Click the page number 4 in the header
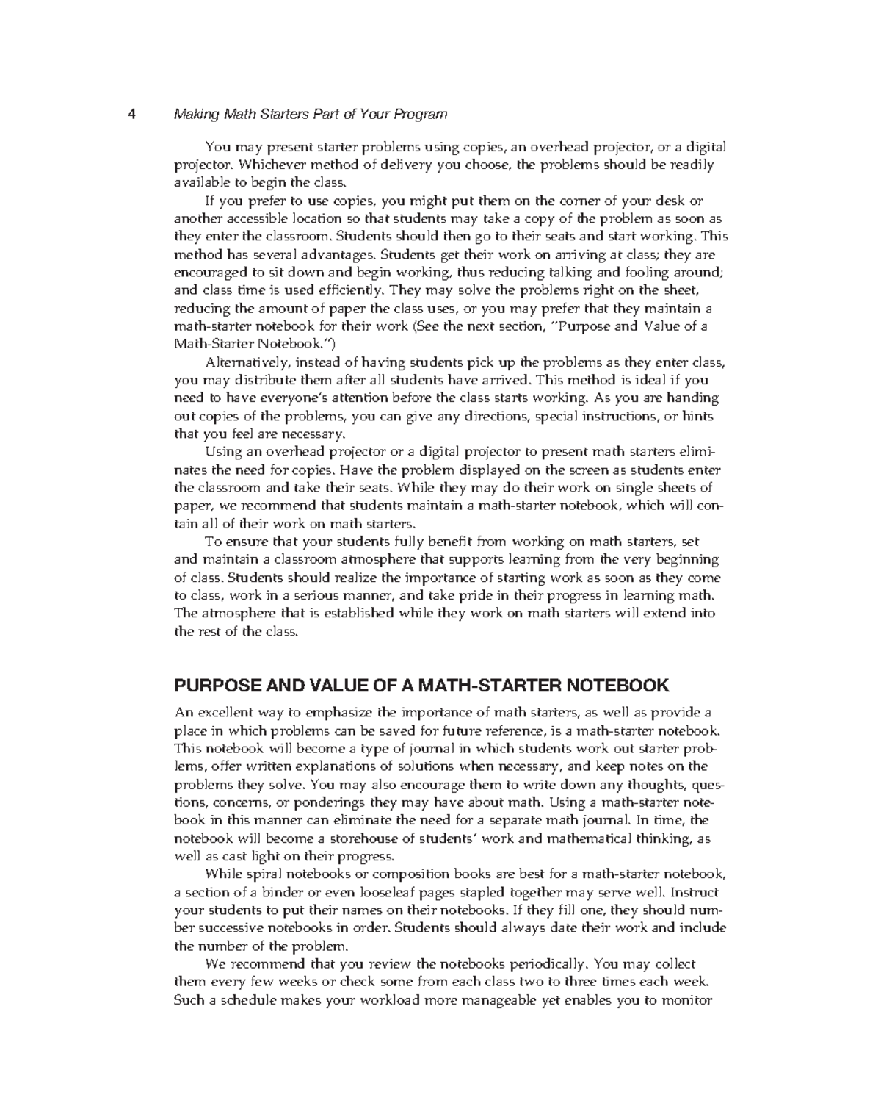pos(131,115)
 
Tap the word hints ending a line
pos(698,417)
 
